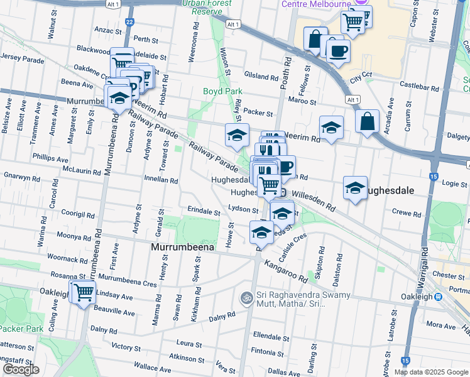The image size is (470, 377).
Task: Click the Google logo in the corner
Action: (21, 369)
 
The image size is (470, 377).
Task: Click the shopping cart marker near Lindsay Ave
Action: (83, 292)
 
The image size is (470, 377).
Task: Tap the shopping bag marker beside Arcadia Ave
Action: (367, 121)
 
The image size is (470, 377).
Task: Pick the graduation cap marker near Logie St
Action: (355, 188)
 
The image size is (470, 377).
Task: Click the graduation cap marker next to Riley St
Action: (237, 134)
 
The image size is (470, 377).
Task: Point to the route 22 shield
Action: (129, 22)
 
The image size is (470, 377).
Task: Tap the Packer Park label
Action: (21, 329)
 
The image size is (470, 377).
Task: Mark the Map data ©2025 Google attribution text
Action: (430, 372)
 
